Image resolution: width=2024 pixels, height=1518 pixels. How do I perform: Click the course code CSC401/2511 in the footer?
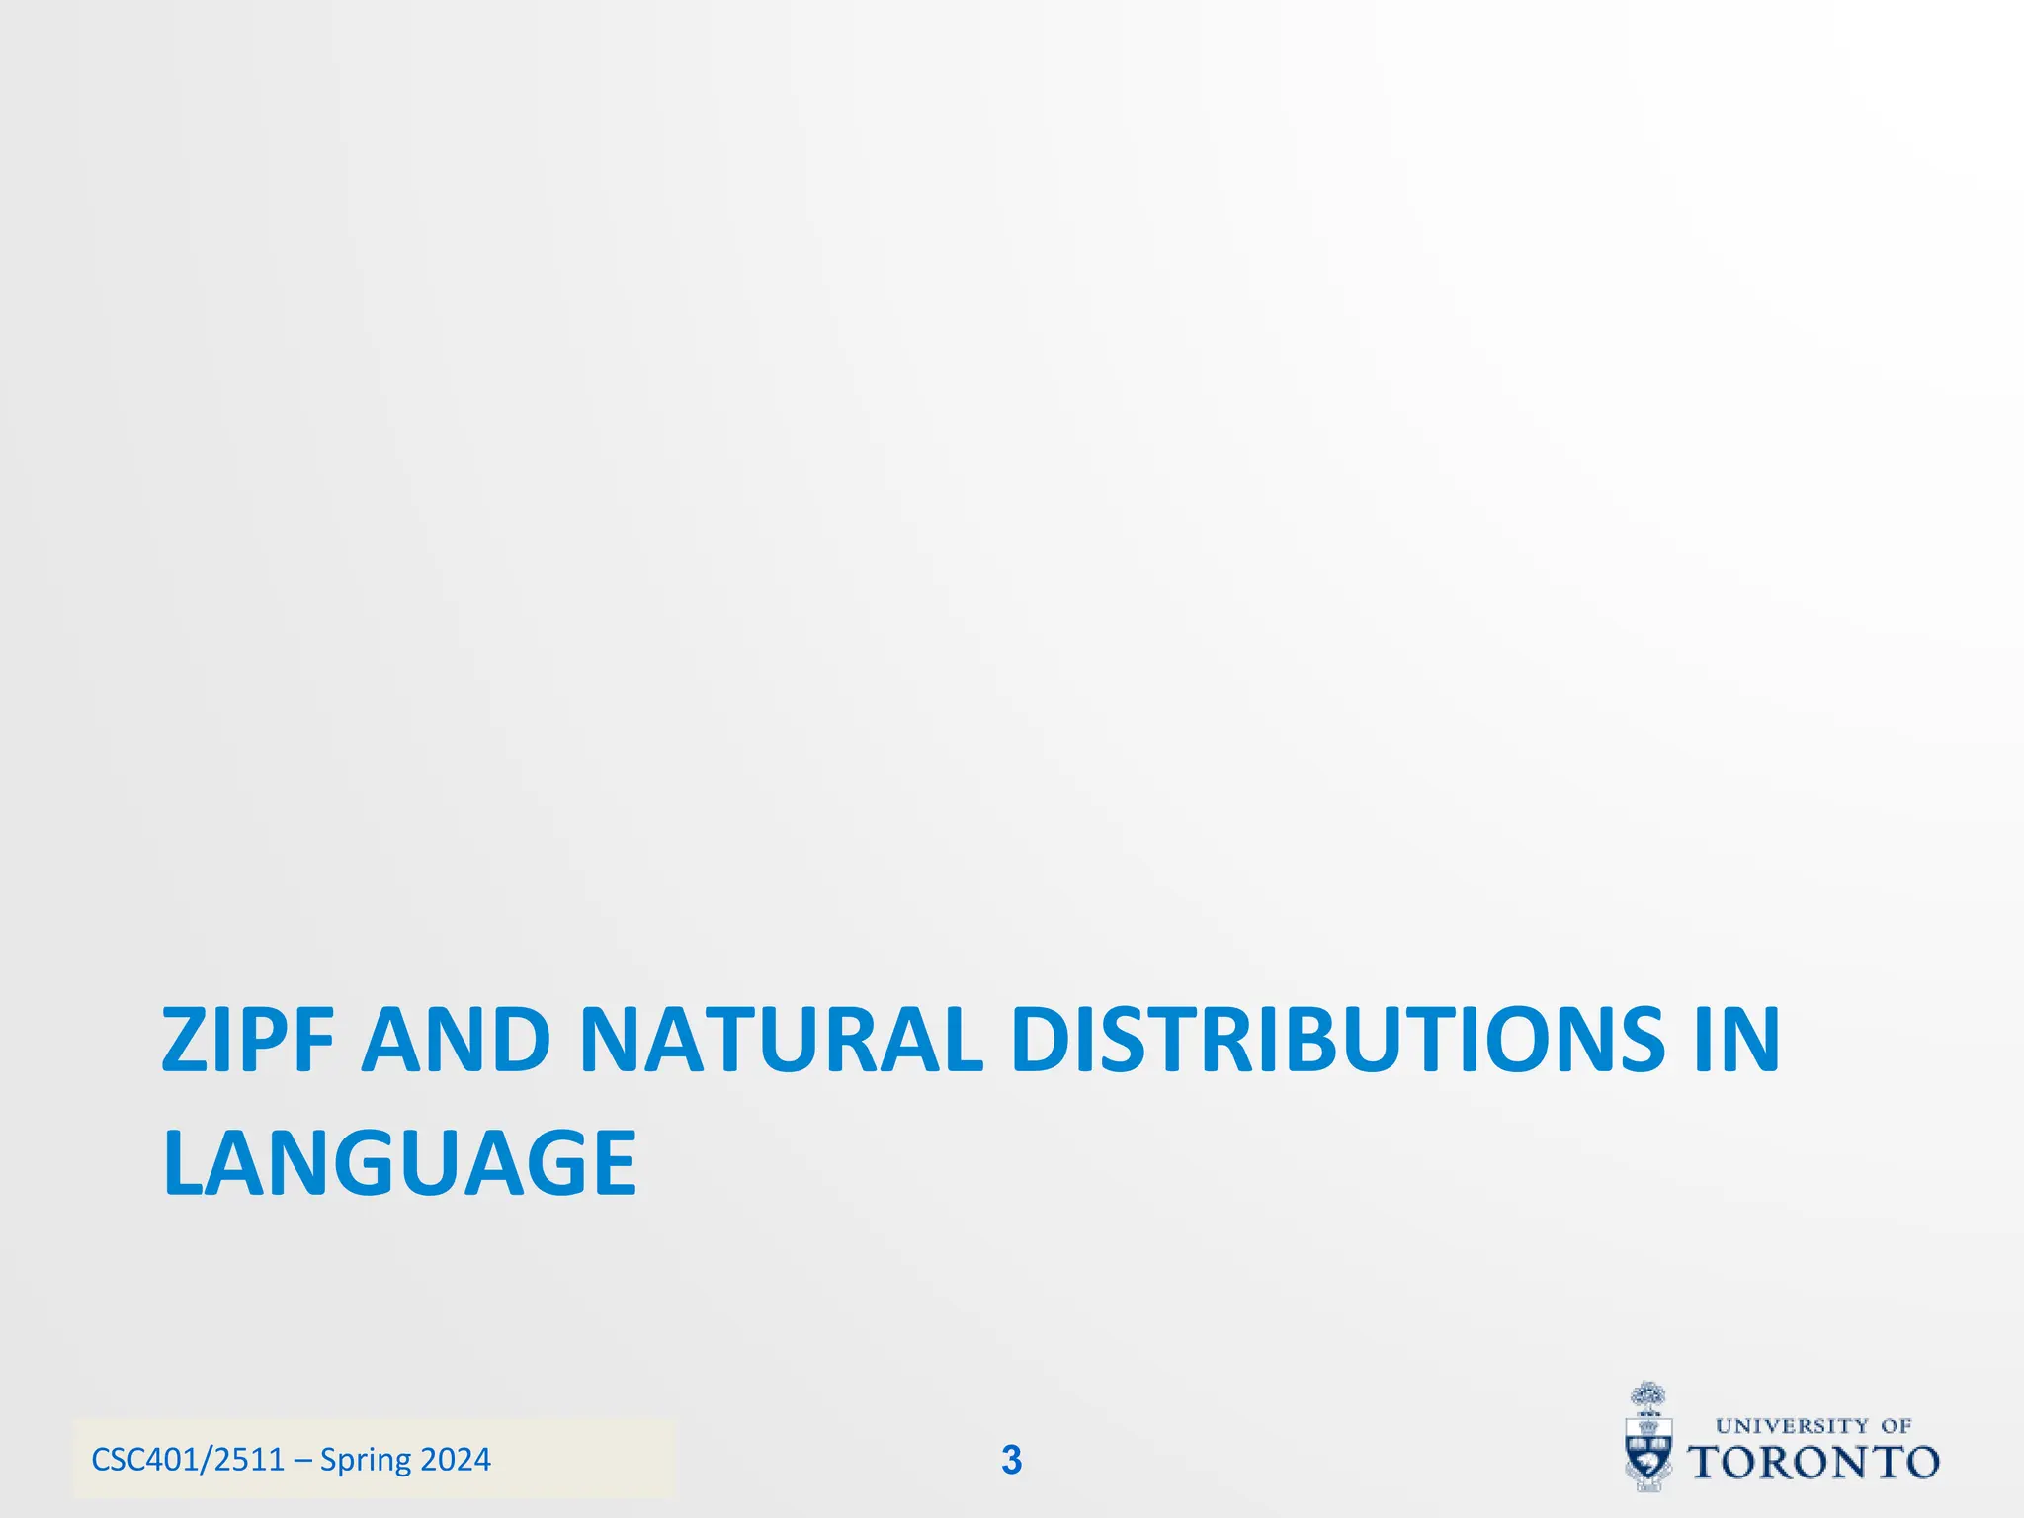[188, 1460]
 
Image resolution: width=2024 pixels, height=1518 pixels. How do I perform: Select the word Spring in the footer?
[366, 1460]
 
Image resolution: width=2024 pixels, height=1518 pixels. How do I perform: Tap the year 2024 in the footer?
[456, 1460]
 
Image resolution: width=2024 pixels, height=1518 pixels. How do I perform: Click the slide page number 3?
[1011, 1460]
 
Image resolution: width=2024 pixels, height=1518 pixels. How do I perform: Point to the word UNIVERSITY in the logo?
[1792, 1426]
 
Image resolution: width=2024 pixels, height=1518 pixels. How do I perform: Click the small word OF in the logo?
[1897, 1426]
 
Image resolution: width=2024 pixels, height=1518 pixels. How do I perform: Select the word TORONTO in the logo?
[1813, 1463]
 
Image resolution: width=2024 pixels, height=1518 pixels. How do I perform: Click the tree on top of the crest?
[1646, 1396]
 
